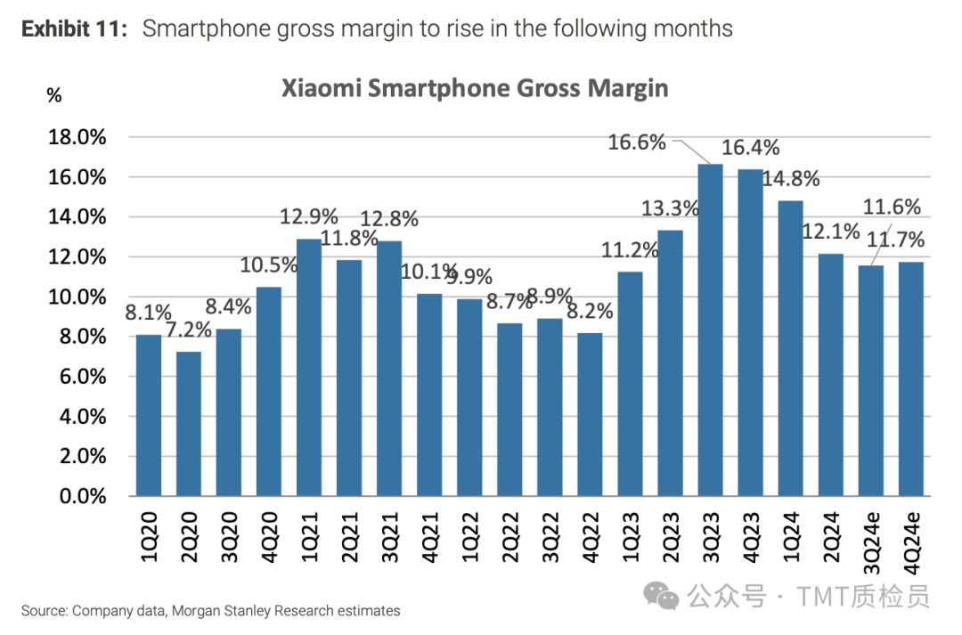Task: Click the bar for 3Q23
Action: pos(710,330)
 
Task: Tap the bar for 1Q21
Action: pos(309,367)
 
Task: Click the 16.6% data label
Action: pos(637,142)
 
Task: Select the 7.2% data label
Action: pos(188,330)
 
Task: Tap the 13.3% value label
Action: pos(671,208)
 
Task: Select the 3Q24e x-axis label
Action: pos(871,538)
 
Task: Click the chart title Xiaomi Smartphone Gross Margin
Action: pos(475,89)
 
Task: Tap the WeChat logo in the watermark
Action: pos(664,595)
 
